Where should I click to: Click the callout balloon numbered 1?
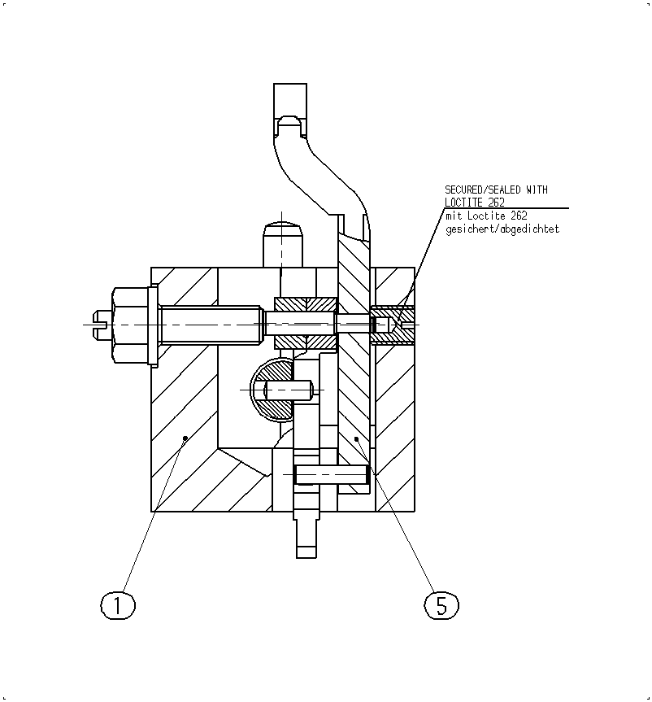118,605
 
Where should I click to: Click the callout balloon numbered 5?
441,605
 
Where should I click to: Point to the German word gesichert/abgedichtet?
502,229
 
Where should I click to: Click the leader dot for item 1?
185,438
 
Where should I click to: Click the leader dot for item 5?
356,439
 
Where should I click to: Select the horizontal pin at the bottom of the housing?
331,474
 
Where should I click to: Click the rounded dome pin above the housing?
283,245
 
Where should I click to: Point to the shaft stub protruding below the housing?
306,535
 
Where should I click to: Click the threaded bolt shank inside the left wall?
211,325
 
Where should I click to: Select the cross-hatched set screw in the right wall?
393,325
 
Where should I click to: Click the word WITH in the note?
537,190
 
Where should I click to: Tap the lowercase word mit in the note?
454,216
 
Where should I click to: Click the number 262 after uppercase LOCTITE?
496,203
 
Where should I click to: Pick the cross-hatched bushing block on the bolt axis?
306,324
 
